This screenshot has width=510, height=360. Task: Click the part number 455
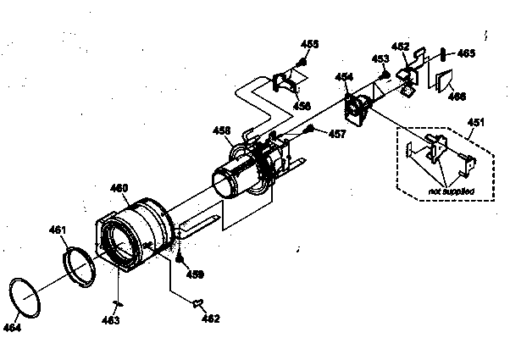tap(309, 43)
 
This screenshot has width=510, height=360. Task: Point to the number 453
tap(380, 58)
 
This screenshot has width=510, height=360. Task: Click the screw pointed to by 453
tap(383, 74)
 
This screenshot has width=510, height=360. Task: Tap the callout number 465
tap(466, 53)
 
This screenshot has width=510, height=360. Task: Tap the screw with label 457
tap(311, 130)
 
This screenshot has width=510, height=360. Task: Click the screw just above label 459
tap(180, 260)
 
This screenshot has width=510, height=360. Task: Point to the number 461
tap(58, 229)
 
